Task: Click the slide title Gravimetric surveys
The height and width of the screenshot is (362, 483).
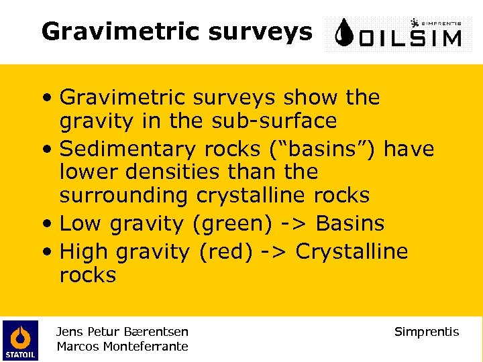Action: [176, 31]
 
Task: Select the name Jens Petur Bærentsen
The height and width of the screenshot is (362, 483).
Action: [122, 331]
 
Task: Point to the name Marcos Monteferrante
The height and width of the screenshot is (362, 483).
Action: [122, 347]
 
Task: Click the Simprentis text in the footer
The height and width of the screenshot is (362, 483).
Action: [427, 332]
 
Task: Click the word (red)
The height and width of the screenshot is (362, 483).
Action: [224, 251]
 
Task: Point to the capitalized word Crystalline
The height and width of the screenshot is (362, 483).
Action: [352, 251]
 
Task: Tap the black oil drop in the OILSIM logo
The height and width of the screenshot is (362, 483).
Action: [344, 34]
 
